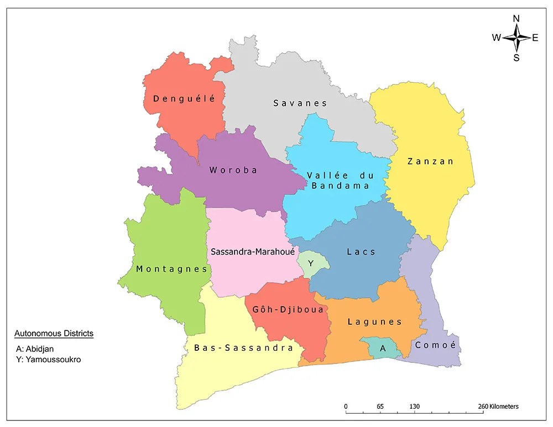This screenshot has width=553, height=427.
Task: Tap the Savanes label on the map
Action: [x=300, y=103]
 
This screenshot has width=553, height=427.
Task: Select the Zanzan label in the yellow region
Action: [x=430, y=162]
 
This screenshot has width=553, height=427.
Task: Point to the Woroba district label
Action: [x=233, y=170]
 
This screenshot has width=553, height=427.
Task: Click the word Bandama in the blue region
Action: [x=340, y=186]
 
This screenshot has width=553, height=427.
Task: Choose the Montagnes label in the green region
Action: [x=171, y=270]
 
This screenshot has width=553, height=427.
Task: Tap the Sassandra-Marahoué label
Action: [x=253, y=252]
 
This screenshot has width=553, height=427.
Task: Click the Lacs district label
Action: [x=361, y=252]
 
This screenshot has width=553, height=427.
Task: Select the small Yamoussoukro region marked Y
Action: [x=311, y=264]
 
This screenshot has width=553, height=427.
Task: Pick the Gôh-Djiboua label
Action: [x=288, y=309]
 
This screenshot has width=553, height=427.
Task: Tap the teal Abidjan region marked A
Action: [x=382, y=348]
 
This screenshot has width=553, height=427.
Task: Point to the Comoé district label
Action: [x=436, y=345]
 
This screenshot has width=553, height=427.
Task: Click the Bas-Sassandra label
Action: [x=243, y=348]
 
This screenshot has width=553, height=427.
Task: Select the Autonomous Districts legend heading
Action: [x=54, y=334]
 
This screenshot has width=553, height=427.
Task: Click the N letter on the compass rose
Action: [x=516, y=18]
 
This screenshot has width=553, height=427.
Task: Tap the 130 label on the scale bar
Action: [x=414, y=407]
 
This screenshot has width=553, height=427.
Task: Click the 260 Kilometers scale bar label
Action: [x=498, y=407]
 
